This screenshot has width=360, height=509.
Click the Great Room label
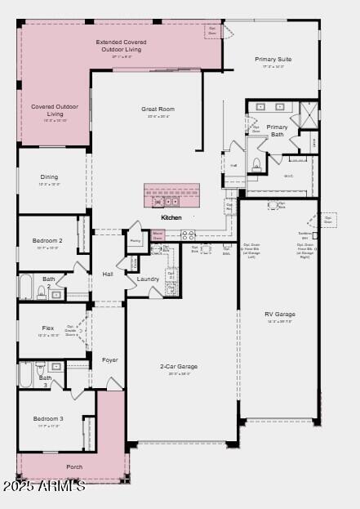coord(158,109)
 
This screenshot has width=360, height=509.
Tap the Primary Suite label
coord(273,60)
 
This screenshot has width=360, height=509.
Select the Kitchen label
coord(171,218)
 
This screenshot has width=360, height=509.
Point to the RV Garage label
coord(280,314)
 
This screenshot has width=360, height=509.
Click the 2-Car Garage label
coord(178,366)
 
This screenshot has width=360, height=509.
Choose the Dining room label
coord(50,176)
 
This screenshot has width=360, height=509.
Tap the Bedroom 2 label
coord(47,240)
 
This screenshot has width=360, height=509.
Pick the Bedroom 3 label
coord(48,418)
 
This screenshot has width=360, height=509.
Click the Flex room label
coord(48,328)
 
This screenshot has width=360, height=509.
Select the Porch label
coord(74,467)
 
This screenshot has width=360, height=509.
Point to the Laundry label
coord(148,279)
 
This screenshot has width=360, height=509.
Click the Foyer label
coord(109,359)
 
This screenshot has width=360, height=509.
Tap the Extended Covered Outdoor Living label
coord(121,46)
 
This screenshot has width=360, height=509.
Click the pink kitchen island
coord(171,194)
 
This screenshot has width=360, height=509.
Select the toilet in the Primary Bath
coord(256,163)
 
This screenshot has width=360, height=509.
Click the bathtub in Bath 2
coord(26,288)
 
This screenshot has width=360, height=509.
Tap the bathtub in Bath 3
coord(26,375)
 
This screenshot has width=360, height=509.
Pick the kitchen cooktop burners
coord(188,235)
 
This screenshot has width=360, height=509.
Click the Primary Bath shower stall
coord(308,114)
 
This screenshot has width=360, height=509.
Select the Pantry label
coord(136,241)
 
